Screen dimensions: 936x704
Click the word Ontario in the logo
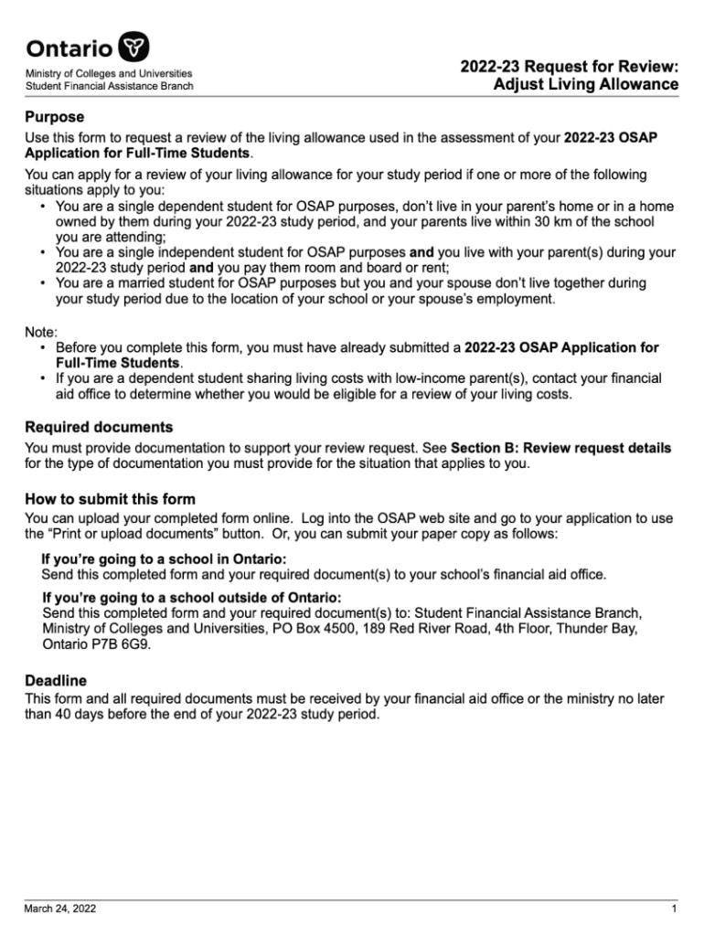[70, 48]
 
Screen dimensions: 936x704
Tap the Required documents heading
[99, 428]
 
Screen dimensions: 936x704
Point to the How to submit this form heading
[110, 500]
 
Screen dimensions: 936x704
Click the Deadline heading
[56, 680]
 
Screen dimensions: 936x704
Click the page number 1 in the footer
[674, 909]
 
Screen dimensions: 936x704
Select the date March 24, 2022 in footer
[60, 909]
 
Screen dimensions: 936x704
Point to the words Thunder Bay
[622, 629]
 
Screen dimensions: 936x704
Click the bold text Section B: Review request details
[561, 448]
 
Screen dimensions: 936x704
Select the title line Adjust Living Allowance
[586, 85]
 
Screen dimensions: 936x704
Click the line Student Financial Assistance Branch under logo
[109, 86]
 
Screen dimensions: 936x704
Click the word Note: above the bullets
[41, 333]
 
